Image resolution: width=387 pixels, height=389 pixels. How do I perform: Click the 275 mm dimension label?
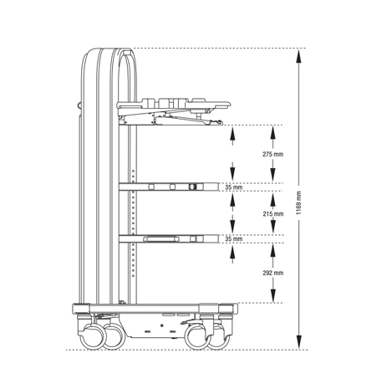(272, 154)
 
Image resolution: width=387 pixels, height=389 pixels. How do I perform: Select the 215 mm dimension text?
(273, 214)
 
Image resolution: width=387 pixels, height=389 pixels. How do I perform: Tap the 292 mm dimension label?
(273, 273)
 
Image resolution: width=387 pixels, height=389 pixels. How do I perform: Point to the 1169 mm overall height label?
(299, 202)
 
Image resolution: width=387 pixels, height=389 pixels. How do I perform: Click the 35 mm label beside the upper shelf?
(234, 187)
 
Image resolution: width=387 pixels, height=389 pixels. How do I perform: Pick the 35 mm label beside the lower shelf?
(234, 239)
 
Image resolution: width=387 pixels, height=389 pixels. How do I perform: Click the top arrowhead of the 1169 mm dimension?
(298, 56)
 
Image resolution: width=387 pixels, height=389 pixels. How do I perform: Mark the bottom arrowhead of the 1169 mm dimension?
(298, 342)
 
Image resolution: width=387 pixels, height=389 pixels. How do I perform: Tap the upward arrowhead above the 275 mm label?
(272, 132)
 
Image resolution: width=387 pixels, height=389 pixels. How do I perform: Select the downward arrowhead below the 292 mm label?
(273, 295)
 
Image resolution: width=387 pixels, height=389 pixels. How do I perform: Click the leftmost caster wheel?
(91, 336)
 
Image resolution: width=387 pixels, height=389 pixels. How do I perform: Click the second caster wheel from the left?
(115, 336)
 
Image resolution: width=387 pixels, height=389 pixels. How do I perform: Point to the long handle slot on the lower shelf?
(160, 238)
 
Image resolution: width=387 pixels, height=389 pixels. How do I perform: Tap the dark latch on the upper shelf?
(192, 187)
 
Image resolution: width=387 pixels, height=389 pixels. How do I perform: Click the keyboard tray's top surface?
(174, 105)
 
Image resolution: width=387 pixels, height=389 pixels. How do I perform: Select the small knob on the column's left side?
(79, 105)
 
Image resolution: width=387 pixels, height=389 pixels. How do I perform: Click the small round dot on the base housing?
(162, 325)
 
